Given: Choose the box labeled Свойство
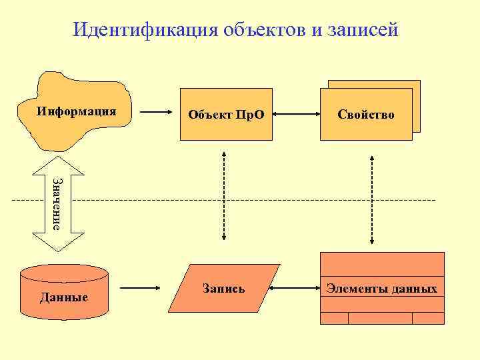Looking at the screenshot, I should click(366, 114).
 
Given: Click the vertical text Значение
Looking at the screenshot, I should click(58, 203).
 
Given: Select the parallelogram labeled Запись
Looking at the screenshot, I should click(223, 289).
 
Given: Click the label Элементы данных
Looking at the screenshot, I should click(382, 289).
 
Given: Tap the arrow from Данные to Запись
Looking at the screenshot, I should click(143, 289).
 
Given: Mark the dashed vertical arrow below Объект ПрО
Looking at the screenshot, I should click(223, 196).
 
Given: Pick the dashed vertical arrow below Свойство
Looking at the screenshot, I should click(372, 200).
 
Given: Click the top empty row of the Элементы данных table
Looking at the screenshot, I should click(382, 264).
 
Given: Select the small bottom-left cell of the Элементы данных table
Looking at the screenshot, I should click(335, 318).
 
